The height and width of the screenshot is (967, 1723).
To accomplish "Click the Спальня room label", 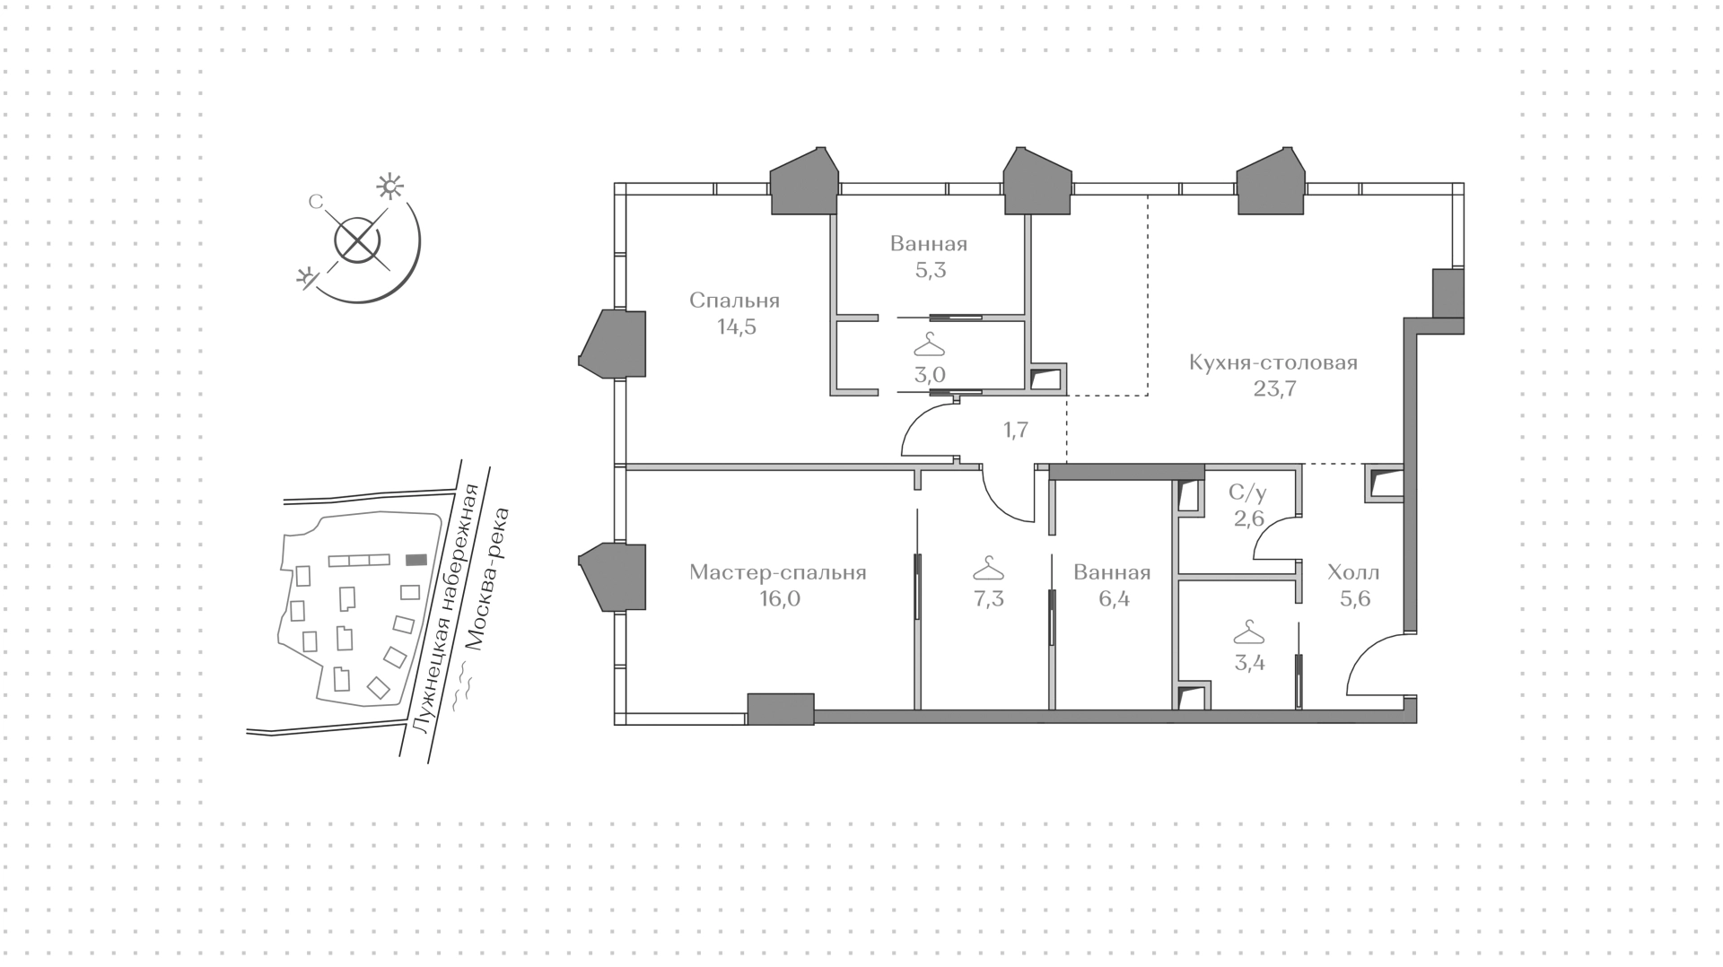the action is [734, 301].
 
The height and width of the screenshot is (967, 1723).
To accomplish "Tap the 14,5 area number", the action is [736, 327].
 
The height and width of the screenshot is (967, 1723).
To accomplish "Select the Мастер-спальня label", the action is [778, 572].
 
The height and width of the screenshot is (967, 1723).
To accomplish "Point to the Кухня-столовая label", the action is [1273, 363].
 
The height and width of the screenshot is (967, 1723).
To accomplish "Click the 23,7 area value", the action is [1274, 389].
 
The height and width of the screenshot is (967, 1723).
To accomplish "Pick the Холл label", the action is [1353, 572].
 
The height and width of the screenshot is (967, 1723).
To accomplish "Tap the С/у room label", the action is [1247, 492].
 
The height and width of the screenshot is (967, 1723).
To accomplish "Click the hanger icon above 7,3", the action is [988, 569].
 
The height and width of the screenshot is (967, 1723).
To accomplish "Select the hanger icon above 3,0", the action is [929, 344].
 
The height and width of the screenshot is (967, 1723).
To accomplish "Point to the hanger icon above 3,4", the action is [1248, 633].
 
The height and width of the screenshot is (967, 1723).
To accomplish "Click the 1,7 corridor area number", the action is [1015, 431].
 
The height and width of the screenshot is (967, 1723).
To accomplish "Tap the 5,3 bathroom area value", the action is [931, 270].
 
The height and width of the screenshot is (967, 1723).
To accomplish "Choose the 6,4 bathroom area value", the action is [1113, 598].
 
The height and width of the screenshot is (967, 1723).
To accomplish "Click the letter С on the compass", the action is [315, 203].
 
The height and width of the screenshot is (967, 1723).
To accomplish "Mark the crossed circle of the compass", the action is [357, 240].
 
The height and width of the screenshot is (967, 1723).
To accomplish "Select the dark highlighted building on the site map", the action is [415, 560].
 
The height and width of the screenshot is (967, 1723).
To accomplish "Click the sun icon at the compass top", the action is [389, 186].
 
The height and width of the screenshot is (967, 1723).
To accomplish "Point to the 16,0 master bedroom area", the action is [779, 598].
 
